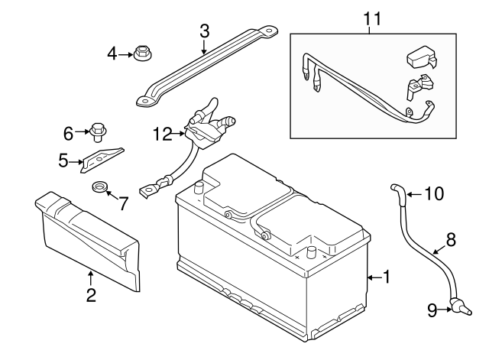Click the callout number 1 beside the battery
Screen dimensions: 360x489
click(x=387, y=277)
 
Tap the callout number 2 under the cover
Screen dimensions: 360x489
click(x=90, y=296)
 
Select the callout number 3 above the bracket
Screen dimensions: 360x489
click(x=204, y=31)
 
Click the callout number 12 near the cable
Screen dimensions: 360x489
click(x=163, y=134)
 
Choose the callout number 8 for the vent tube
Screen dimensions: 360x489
click(x=450, y=239)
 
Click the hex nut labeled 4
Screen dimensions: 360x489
click(x=140, y=54)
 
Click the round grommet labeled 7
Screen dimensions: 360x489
click(x=99, y=188)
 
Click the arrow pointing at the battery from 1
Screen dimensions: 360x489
click(x=372, y=277)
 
